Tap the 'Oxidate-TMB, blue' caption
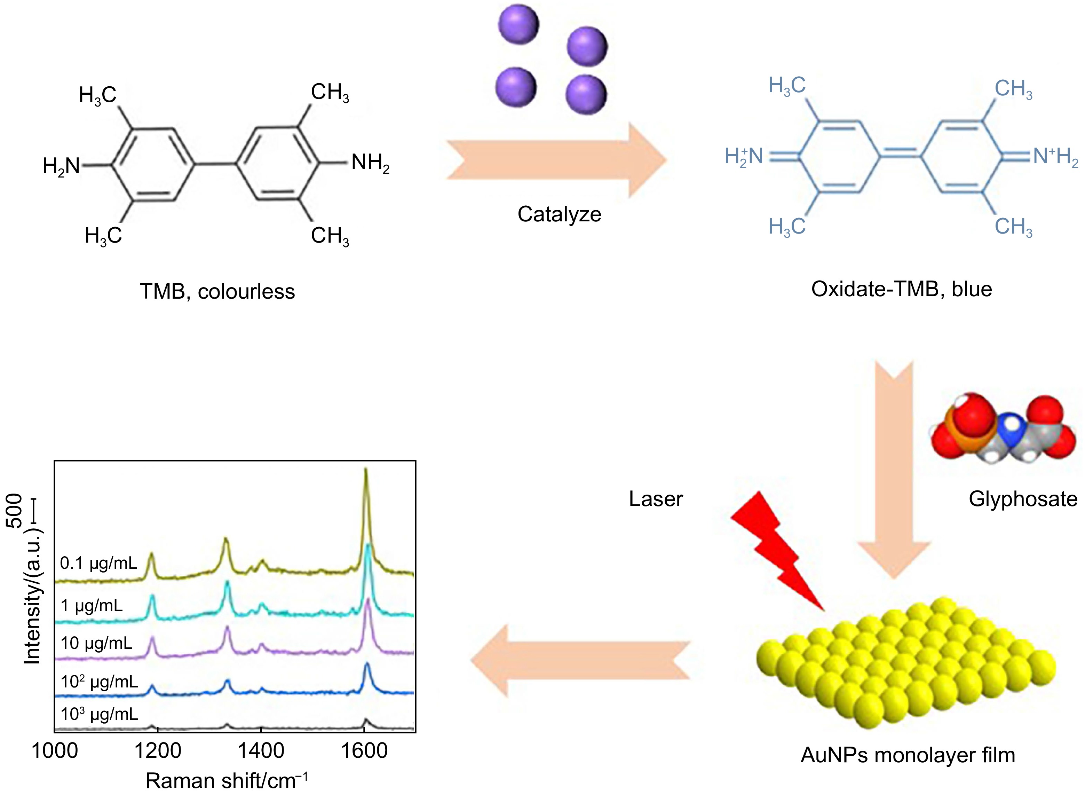(x=901, y=289)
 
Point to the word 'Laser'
(x=656, y=499)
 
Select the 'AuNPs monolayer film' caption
(x=908, y=755)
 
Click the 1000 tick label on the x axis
(x=54, y=751)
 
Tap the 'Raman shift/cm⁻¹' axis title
(x=226, y=781)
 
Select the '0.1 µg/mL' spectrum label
(x=98, y=563)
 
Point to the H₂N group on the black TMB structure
(x=62, y=166)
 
